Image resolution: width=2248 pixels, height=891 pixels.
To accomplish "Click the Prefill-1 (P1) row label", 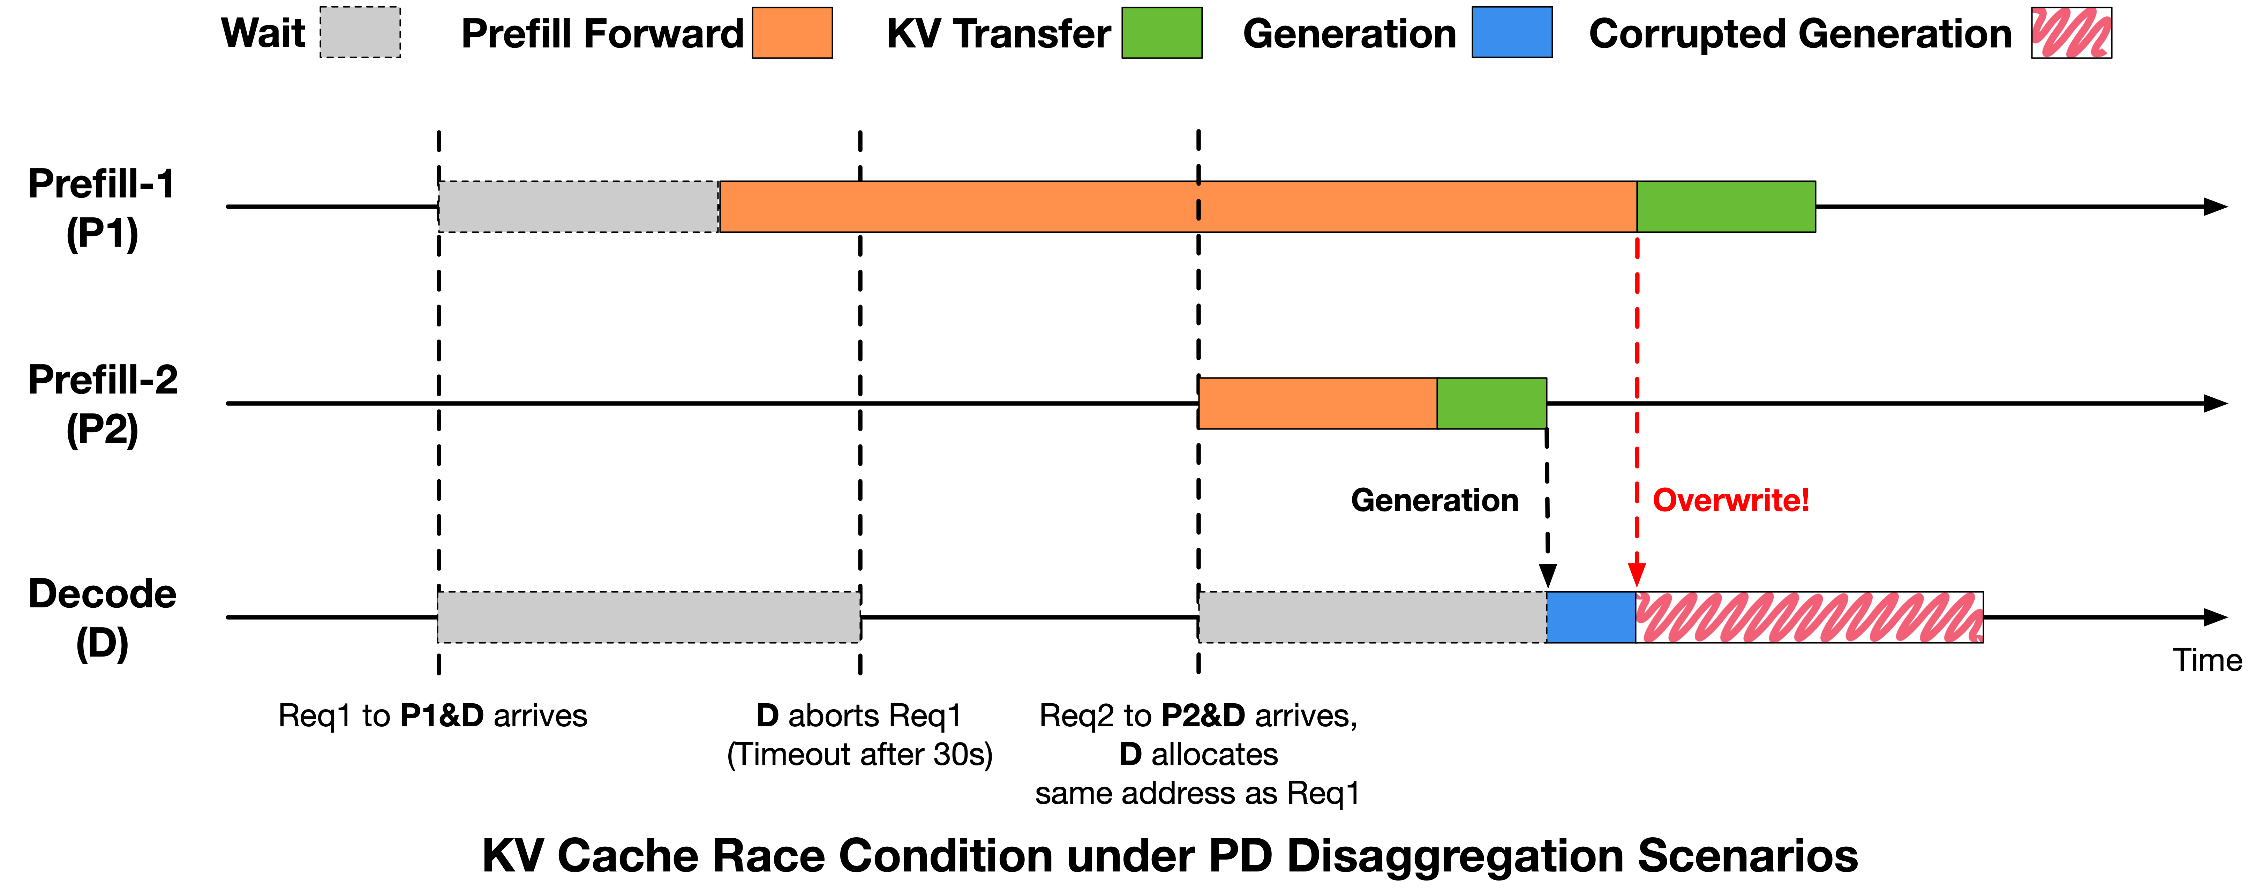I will [x=102, y=208].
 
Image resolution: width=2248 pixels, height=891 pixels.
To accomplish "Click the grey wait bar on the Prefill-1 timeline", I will [x=578, y=207].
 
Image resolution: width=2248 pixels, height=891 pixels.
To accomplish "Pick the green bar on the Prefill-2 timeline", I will [x=1491, y=403].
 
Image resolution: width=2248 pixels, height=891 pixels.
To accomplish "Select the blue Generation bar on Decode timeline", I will [x=1591, y=617].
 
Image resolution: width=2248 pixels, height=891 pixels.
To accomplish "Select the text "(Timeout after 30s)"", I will [x=859, y=754].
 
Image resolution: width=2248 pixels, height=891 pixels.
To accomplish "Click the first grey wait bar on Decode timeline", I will [x=648, y=617].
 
